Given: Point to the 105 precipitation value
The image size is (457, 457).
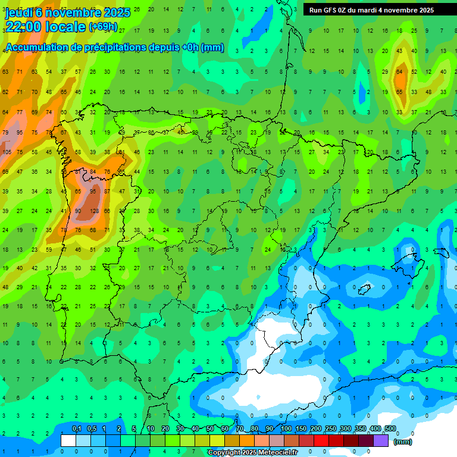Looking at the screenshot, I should [x=7, y=152].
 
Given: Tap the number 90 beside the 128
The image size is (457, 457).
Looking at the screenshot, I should [x=77, y=211].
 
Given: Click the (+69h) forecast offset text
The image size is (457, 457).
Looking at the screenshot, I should [x=102, y=27].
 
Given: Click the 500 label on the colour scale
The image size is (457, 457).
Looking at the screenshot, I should [x=390, y=428].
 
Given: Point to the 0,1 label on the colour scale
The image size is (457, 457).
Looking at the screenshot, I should [x=77, y=428].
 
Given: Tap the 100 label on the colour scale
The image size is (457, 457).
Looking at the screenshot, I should [x=286, y=428].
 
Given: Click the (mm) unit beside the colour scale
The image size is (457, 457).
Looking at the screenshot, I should [x=403, y=442].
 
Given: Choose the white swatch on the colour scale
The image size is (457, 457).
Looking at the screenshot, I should [x=68, y=440].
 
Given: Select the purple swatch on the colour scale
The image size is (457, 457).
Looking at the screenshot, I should [x=381, y=440].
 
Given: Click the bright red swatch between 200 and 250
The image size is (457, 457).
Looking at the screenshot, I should [x=322, y=440].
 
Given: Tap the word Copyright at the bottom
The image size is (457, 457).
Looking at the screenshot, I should [x=225, y=453].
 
